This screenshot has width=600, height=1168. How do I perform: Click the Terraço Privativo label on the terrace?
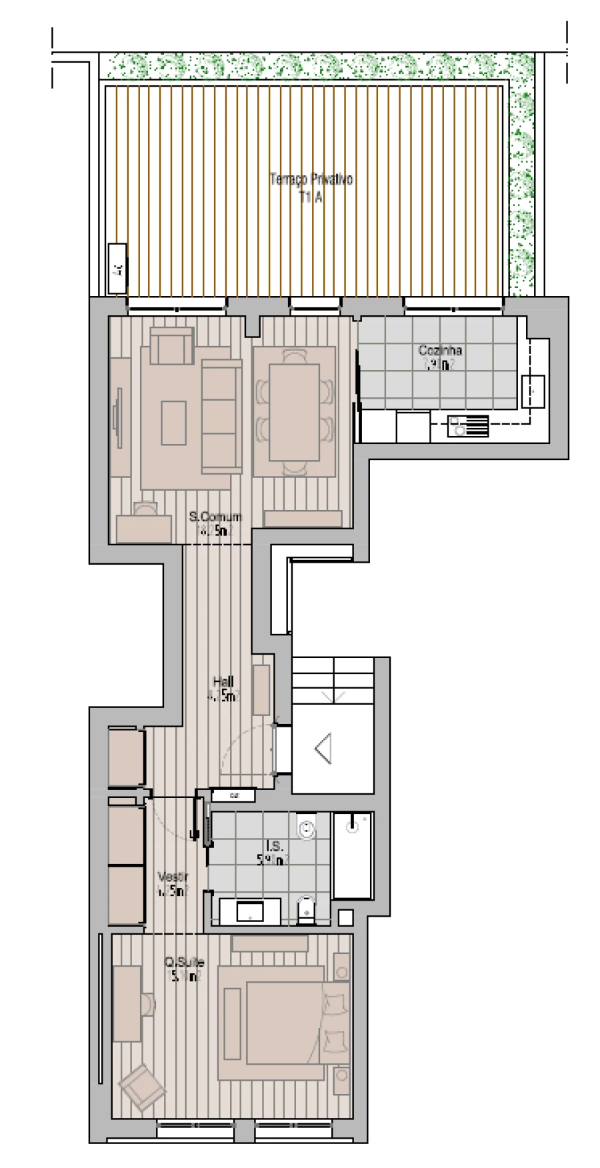coord(311,180)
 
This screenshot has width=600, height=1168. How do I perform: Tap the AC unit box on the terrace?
coord(117,268)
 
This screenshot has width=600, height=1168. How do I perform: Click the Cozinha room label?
coord(440,350)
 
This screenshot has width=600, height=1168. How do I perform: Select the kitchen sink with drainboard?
coord(468,426)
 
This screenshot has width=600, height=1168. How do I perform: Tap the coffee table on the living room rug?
coord(174,423)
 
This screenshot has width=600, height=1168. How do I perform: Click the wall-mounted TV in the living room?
coord(117,419)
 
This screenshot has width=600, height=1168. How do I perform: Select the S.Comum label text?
coord(215,517)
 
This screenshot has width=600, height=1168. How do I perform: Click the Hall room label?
coord(223,681)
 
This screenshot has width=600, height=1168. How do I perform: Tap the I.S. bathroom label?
coord(273,847)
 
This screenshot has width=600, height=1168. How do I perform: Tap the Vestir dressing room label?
coord(173,877)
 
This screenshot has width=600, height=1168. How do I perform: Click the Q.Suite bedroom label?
coord(184,963)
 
